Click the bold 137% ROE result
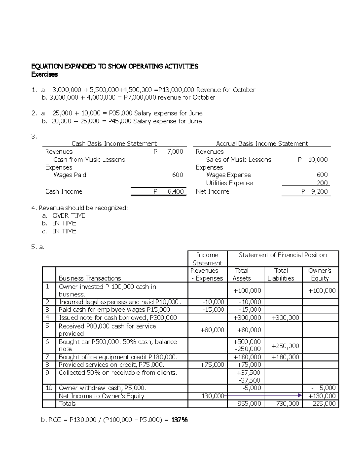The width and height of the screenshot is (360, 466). (x=179, y=420)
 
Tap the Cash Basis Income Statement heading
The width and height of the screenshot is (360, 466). (x=114, y=143)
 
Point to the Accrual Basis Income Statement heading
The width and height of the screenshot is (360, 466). (x=262, y=143)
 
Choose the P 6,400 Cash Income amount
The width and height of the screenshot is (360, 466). (x=169, y=191)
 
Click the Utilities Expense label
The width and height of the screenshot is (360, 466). (x=229, y=183)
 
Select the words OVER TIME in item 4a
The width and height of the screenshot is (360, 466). (x=69, y=215)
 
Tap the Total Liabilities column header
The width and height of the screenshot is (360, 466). (x=281, y=274)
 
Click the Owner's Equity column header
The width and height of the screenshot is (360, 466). (x=320, y=274)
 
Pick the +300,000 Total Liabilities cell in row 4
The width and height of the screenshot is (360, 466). (x=285, y=318)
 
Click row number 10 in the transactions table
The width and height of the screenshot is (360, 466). (x=49, y=388)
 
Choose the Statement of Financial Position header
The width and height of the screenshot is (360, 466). (x=283, y=255)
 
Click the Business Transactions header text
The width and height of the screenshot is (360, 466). (x=90, y=278)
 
